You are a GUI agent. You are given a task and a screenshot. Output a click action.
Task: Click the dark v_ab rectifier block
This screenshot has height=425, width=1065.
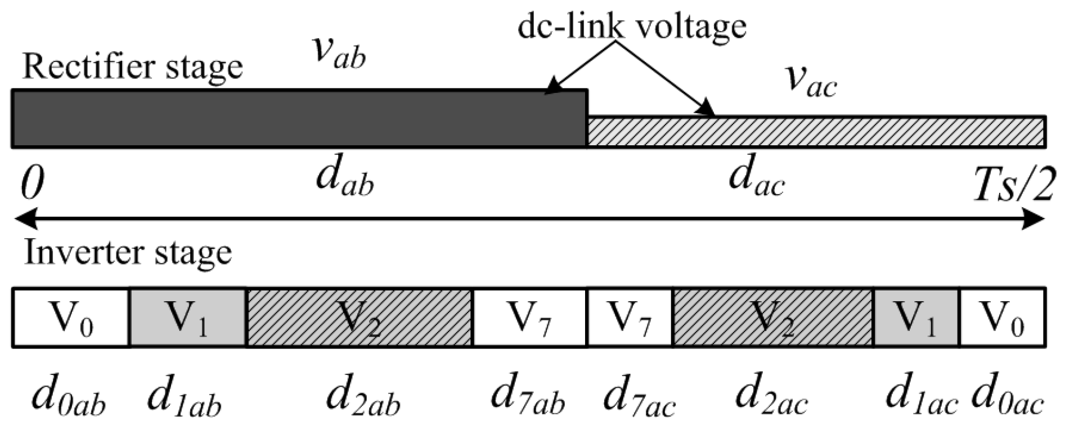(298, 118)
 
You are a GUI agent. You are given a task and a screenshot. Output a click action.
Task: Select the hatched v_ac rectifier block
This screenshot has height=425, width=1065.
(816, 132)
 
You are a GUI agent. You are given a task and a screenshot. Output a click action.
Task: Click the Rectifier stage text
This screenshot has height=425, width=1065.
(132, 66)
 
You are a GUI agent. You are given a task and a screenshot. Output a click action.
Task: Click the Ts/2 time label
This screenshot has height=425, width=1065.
(1013, 186)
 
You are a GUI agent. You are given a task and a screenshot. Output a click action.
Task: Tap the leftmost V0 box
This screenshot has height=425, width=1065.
(71, 317)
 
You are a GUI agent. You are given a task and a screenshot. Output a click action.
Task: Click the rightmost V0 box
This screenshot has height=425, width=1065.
(1002, 317)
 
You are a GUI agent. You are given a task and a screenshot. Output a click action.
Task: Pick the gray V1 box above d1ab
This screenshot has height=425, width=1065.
(188, 317)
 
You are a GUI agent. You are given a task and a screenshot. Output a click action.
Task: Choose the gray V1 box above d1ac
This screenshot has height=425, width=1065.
(916, 317)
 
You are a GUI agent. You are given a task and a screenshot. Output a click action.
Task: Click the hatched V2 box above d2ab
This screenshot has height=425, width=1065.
(359, 317)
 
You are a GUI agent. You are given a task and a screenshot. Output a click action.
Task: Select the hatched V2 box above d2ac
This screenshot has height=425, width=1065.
(772, 317)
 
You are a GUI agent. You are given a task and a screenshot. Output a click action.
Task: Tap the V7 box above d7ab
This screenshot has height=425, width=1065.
(529, 317)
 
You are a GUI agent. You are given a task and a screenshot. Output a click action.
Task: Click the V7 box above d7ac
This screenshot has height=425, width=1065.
(630, 317)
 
